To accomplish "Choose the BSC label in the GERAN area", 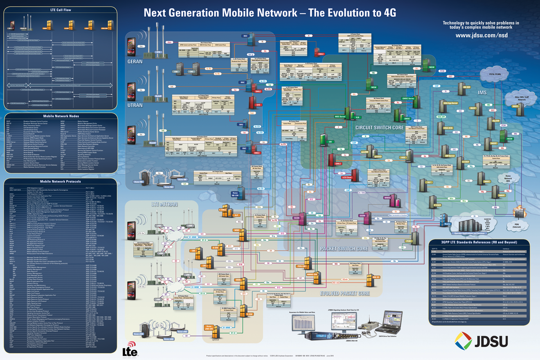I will coord(246,36).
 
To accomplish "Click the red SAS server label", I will coord(258,105).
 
